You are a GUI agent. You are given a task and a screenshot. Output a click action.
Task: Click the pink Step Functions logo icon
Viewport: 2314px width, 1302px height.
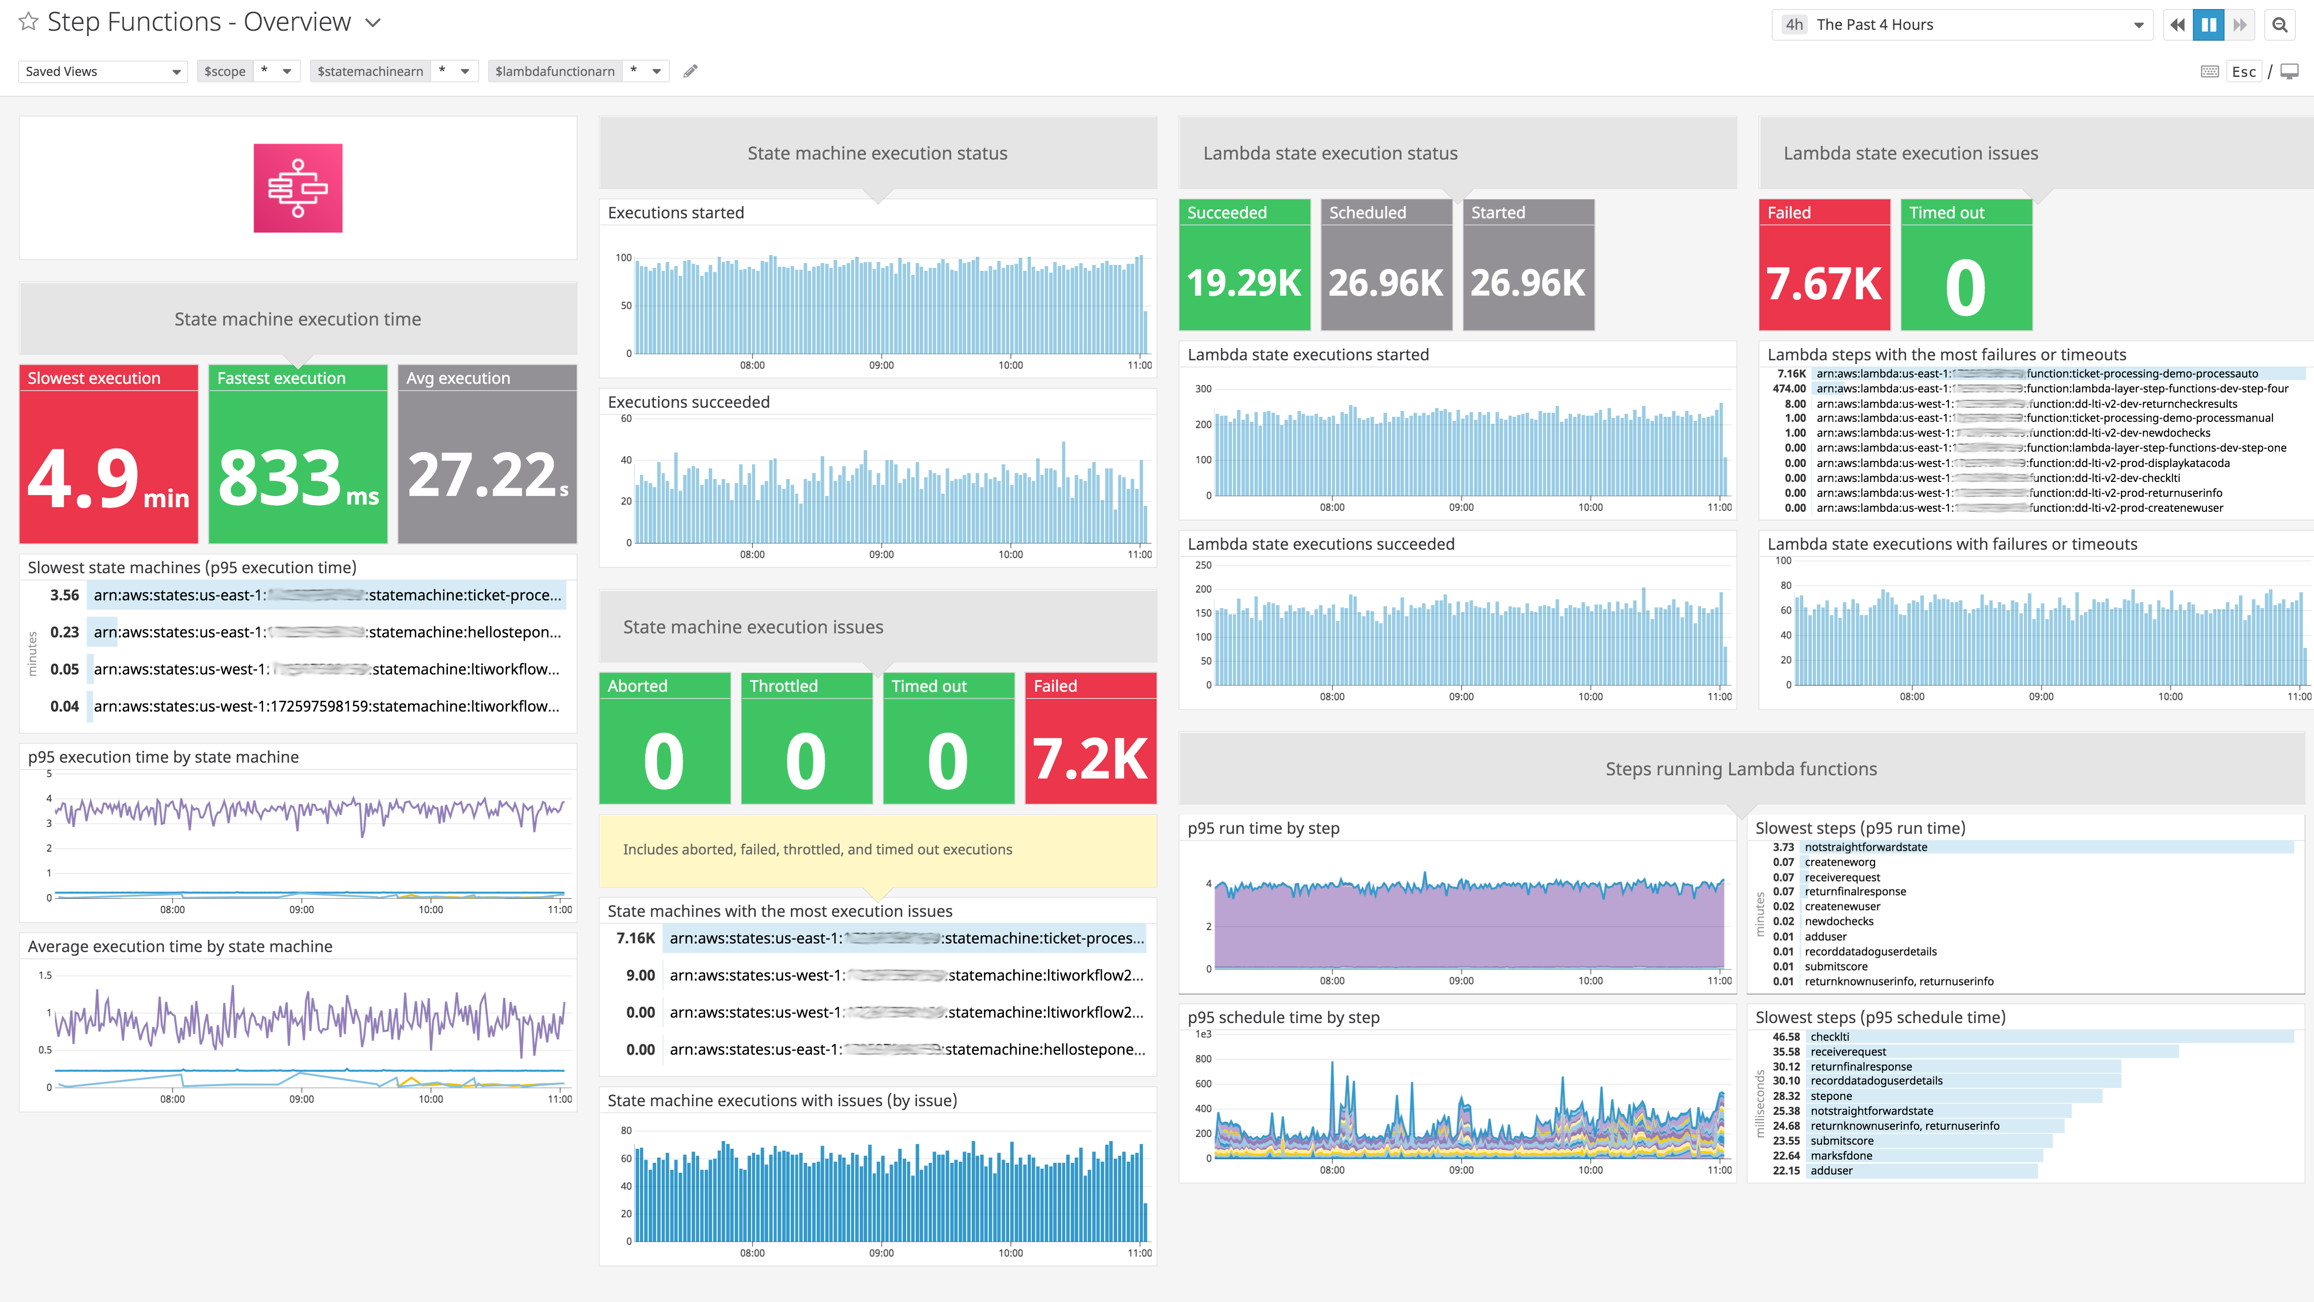(x=297, y=188)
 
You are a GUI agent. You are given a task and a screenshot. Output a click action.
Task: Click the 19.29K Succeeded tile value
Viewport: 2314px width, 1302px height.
(x=1244, y=283)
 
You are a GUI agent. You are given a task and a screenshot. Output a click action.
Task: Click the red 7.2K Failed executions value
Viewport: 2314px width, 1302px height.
(x=1090, y=759)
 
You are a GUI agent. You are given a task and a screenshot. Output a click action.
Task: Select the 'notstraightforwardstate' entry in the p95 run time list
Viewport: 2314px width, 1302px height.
(x=1866, y=847)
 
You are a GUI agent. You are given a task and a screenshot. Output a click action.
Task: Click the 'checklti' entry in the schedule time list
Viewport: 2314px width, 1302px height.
(x=1830, y=1037)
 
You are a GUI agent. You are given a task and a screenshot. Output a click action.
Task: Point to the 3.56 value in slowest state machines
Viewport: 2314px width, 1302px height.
(x=65, y=595)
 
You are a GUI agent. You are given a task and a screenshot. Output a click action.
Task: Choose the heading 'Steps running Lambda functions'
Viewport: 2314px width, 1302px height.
(x=1741, y=769)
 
